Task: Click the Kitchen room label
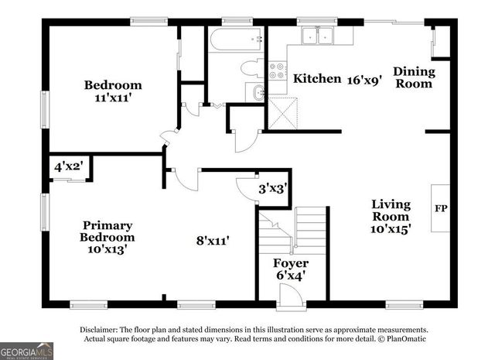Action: [317, 78]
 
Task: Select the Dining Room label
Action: [415, 77]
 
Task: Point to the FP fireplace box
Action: [441, 207]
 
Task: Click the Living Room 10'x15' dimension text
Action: [391, 228]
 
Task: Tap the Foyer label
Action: [291, 263]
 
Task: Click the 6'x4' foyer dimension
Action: [291, 276]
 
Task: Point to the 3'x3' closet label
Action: [273, 187]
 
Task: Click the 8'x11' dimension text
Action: [212, 241]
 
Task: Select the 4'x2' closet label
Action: [69, 166]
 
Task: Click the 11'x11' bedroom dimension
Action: [113, 98]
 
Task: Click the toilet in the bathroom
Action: [251, 68]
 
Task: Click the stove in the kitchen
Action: [276, 71]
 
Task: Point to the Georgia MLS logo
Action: [27, 351]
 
